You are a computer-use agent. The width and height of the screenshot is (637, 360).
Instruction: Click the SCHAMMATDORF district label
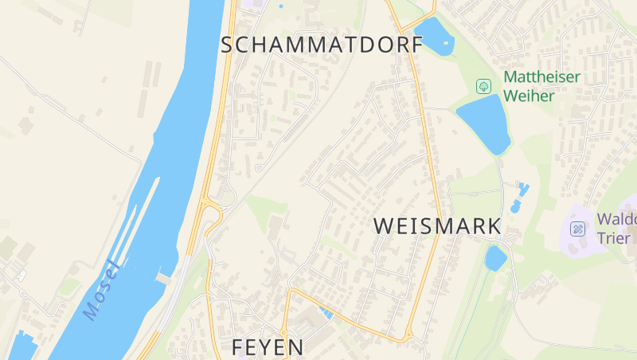click(x=322, y=45)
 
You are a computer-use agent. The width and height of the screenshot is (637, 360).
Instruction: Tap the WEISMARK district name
click(x=438, y=226)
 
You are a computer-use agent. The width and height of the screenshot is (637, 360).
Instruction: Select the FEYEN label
click(x=268, y=347)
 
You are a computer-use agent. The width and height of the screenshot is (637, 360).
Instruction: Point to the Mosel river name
click(x=101, y=291)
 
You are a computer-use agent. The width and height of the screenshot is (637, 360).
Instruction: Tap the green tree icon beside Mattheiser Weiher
click(x=483, y=85)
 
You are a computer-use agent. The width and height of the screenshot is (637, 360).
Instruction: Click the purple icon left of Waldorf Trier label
click(x=579, y=229)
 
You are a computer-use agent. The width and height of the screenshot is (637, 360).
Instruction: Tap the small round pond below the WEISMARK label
click(x=495, y=258)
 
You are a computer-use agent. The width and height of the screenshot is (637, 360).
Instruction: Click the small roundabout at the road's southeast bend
click(x=408, y=338)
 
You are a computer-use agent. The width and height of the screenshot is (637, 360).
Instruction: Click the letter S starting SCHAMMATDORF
click(x=227, y=45)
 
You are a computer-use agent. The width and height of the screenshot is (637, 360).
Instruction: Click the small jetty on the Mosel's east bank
click(x=164, y=278)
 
